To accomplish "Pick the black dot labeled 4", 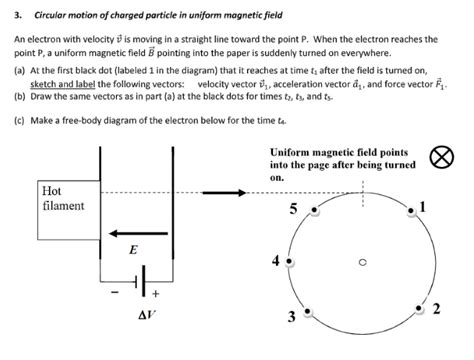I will pyautogui.click(x=290, y=260).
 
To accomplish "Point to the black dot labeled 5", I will pyautogui.click(x=315, y=208).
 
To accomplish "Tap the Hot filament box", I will pyautogui.click(x=64, y=198).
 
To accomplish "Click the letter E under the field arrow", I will pyautogui.click(x=133, y=249).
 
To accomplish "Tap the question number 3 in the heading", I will pyautogui.click(x=17, y=14).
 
